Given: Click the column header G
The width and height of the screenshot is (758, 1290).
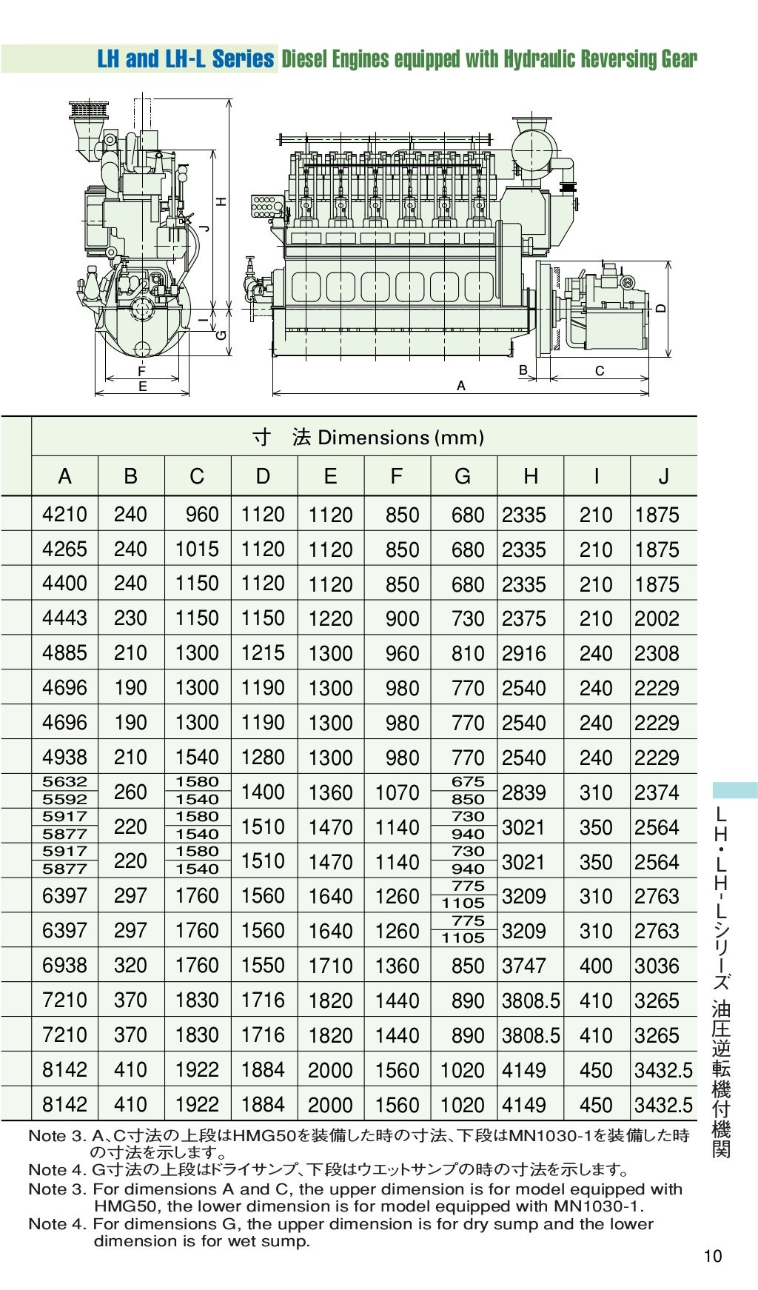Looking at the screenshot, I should coord(463,476).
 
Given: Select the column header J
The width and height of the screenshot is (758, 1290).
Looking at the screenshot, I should coord(663,476).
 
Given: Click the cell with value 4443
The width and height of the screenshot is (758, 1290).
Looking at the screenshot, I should coord(64,618).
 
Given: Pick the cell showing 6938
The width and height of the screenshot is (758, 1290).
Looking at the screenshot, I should coord(64,966).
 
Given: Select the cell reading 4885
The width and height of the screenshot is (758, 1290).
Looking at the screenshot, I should coord(64,653).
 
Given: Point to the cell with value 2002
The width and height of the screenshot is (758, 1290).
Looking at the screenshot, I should coord(657,618).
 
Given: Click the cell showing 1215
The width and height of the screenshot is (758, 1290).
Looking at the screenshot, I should coord(263,653).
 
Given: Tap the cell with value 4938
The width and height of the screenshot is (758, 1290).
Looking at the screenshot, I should coord(64,758).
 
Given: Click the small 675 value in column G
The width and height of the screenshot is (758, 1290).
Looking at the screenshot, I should coord(468,782).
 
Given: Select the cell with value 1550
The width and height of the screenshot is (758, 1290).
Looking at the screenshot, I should coord(263,966).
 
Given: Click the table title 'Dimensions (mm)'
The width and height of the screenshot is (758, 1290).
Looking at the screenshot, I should coord(400,438).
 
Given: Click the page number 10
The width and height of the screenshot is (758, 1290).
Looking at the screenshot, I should coord(713,1256).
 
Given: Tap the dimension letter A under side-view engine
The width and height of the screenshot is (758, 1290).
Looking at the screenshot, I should coord(461,386).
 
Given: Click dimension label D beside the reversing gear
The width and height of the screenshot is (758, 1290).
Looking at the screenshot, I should coord(661,307).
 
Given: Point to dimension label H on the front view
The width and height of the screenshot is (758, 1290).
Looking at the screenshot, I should coord(221,201).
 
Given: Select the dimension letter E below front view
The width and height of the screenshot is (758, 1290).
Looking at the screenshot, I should coord(142,386).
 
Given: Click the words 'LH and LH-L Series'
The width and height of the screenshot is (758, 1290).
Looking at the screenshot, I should coord(185,59).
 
